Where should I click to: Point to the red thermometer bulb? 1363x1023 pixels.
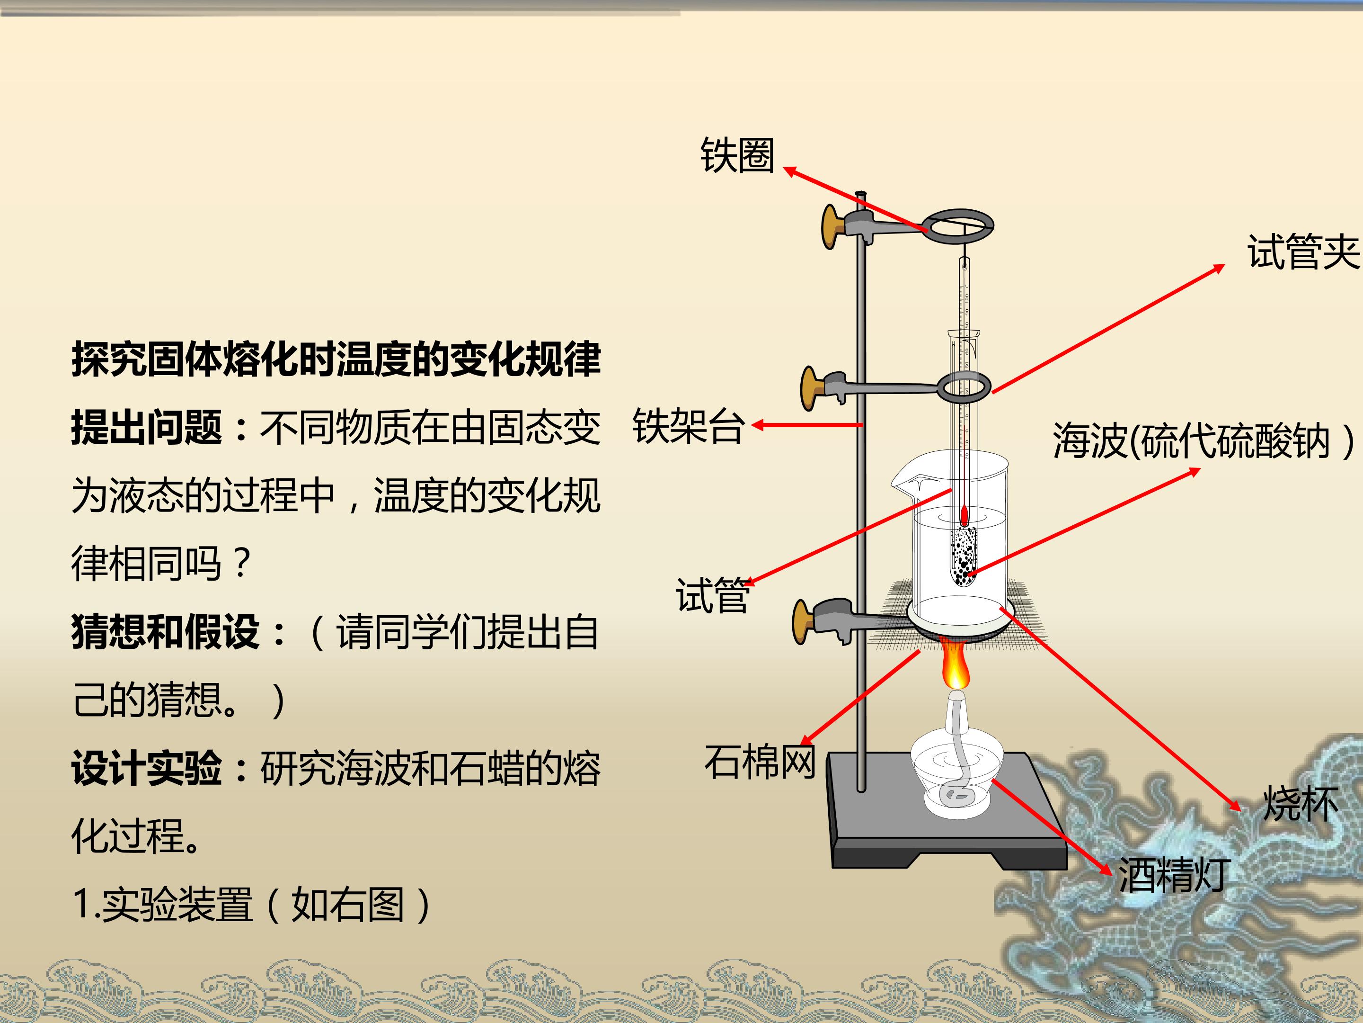pyautogui.click(x=965, y=516)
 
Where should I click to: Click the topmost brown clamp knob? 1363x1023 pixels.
pyautogui.click(x=832, y=227)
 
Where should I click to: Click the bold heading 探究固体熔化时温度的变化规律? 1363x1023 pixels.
pyautogui.click(x=336, y=359)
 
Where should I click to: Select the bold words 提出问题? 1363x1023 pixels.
pyautogui.click(x=147, y=427)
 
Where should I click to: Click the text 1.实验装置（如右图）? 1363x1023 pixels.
pyautogui.click(x=253, y=905)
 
